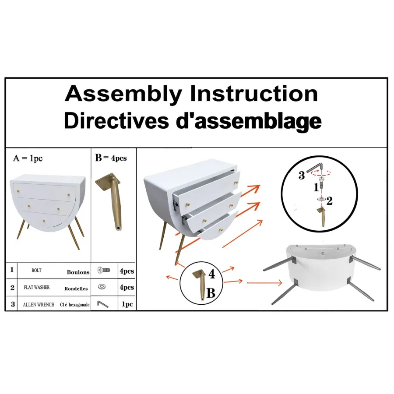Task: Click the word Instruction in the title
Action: coord(254,94)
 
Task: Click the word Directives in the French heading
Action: coord(116,121)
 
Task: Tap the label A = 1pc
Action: coord(28,158)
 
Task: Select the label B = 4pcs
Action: coord(111,158)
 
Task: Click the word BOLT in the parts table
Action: coord(36,271)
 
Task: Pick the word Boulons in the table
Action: coord(78,272)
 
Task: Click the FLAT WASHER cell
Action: coord(37,287)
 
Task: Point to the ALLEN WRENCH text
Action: coord(39,305)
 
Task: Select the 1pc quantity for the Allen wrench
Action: coord(127,304)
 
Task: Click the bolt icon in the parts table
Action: coord(104,271)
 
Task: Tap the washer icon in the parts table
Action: coord(102,287)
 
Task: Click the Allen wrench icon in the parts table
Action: coord(102,304)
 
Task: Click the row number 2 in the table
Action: coord(12,288)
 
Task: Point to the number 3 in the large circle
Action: coord(302,176)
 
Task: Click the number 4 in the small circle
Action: coord(212,274)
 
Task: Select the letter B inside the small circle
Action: coord(211,293)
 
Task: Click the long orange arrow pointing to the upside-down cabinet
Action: coord(264,283)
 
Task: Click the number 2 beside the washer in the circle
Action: coord(329,201)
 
